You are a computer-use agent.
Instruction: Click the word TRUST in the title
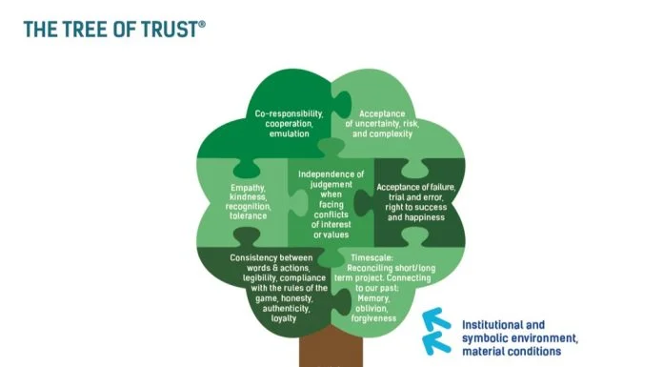coord(167,30)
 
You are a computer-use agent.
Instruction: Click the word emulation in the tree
coord(289,134)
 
